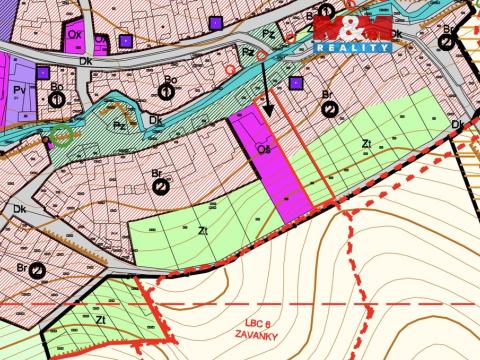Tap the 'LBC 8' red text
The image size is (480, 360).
click(x=258, y=322)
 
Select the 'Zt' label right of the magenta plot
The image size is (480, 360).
click(x=367, y=144)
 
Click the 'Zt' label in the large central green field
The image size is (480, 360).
click(x=203, y=230)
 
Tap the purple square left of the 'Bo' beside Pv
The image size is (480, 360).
click(x=42, y=72)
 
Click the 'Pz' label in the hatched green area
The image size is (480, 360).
click(x=119, y=127)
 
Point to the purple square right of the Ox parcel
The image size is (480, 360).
click(x=125, y=41)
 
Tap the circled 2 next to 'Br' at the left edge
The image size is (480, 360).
click(x=36, y=270)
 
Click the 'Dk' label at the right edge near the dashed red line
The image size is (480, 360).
click(x=456, y=124)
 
